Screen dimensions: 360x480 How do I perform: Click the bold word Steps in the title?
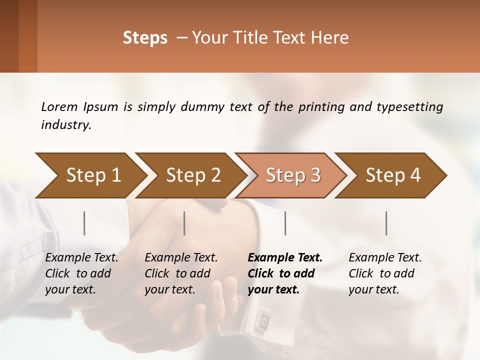pos(145,38)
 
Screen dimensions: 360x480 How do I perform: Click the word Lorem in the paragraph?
pos(59,107)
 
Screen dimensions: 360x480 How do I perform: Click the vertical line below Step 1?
pos(84,223)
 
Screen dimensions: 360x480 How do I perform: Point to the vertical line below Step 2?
pos(184,223)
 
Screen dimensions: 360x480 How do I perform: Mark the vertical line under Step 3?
pos(285,223)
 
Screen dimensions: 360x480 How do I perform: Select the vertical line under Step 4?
pos(386,223)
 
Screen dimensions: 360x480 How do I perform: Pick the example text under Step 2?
pos(180,273)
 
